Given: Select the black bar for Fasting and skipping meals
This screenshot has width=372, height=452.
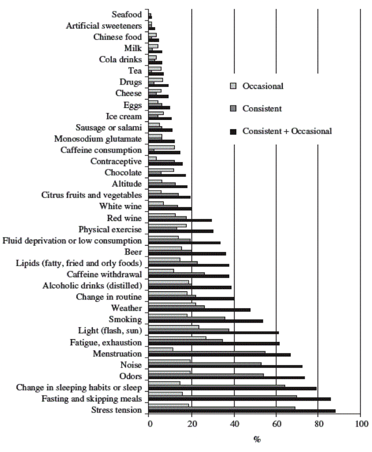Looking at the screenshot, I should tap(239, 399).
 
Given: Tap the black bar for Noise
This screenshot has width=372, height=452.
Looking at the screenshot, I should tap(225, 366).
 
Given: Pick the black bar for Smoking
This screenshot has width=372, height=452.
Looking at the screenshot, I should tap(206, 321).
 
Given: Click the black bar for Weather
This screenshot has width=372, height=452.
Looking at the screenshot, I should tap(199, 309).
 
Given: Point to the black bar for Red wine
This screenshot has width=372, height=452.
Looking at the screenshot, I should tap(180, 220).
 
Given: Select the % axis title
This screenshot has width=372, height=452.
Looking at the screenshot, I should tap(256, 439).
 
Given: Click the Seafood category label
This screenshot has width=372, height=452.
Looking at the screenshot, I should tap(127, 14).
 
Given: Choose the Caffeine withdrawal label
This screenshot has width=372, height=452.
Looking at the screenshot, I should tap(104, 274).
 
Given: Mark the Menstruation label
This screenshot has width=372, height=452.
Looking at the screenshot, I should tap(115, 353).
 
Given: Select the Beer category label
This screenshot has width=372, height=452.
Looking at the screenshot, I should tap(134, 252).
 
